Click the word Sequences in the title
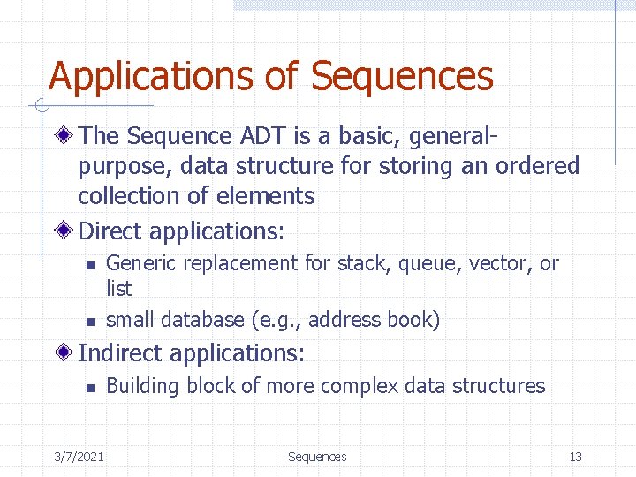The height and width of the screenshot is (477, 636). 402,76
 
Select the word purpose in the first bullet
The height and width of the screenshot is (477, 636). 125,166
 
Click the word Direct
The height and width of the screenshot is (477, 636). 111,231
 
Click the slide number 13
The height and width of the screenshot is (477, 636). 576,457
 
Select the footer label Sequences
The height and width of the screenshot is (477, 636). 317,457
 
